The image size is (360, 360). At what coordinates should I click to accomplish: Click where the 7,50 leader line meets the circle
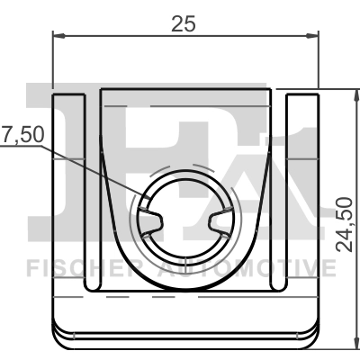pos(146,196)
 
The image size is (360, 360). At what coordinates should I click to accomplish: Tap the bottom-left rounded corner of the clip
pos(59,337)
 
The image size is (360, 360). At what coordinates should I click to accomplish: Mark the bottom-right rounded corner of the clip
pos(314,337)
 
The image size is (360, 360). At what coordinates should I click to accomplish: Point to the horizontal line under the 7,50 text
pos(22,147)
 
